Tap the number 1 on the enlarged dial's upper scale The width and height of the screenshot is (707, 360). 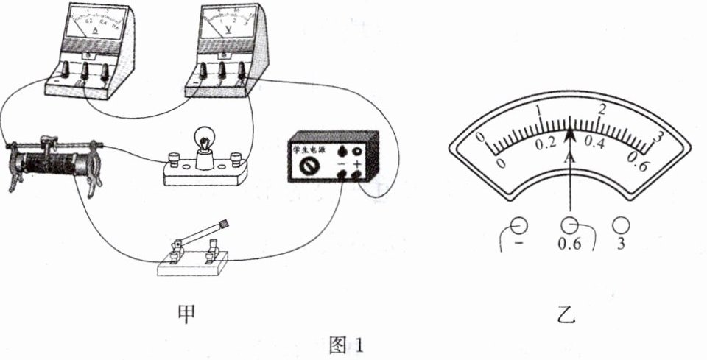click(x=539, y=112)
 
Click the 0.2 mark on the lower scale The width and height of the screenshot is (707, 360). click(x=546, y=144)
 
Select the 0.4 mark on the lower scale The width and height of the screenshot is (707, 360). click(x=594, y=143)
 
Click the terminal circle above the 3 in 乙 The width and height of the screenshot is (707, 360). click(x=622, y=225)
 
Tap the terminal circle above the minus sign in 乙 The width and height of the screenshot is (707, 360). click(x=519, y=225)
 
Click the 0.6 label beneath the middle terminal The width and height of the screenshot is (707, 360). click(x=569, y=244)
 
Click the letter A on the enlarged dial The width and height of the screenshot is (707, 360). click(x=569, y=158)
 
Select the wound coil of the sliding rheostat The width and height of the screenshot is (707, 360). click(x=54, y=162)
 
